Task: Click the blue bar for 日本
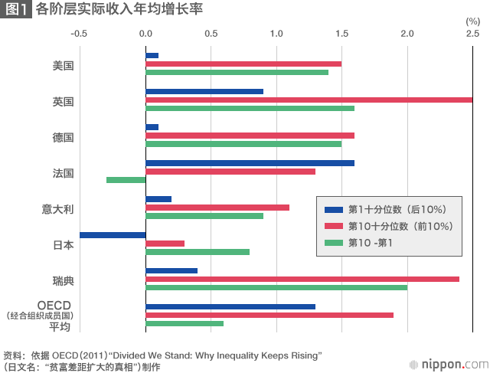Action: [113, 234]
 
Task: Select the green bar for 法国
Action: [126, 180]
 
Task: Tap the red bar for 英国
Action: [309, 100]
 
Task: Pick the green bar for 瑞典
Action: [276, 287]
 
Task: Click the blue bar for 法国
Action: [250, 162]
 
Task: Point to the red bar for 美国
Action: [243, 64]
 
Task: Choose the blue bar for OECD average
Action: [230, 306]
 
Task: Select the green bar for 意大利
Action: [204, 216]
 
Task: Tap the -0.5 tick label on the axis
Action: [79, 34]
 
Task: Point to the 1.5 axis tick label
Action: [342, 34]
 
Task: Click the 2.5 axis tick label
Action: [472, 34]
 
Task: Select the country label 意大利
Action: [57, 208]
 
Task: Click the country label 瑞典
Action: [63, 280]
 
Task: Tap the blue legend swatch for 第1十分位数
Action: [333, 209]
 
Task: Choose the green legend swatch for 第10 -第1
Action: [333, 243]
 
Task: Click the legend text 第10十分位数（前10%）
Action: [400, 226]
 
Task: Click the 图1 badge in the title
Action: [16, 11]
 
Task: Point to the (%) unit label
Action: [472, 21]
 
